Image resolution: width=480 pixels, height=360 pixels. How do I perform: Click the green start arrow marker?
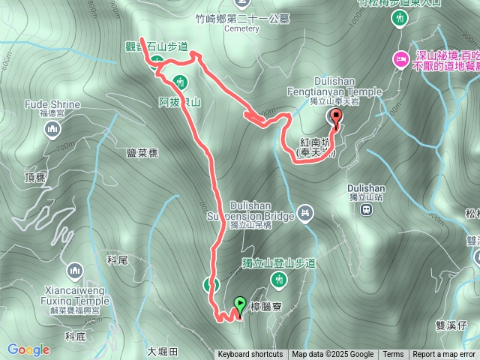tap(239, 304)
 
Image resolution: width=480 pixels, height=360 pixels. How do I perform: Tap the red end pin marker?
tap(335, 117)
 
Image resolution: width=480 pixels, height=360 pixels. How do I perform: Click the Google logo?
tap(28, 349)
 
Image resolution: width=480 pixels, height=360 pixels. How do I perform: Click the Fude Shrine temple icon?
tap(52, 131)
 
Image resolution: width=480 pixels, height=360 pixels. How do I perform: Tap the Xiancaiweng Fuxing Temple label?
tap(75, 296)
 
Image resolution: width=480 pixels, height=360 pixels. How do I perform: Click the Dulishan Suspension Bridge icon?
tap(304, 213)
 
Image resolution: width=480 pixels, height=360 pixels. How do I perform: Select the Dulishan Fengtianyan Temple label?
tap(344, 87)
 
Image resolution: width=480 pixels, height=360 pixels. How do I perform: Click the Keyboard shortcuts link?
tap(250, 355)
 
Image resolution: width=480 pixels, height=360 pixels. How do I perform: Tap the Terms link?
tap(393, 355)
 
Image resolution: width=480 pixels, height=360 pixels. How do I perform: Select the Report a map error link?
tap(444, 355)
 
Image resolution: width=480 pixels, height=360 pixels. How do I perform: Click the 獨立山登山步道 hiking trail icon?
tap(280, 280)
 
